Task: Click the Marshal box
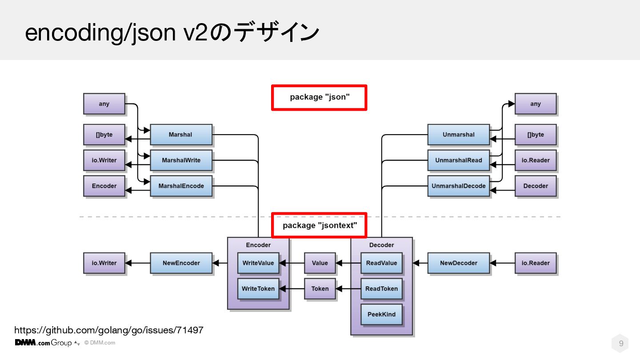pos(180,135)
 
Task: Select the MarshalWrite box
pos(180,160)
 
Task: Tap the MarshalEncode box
pos(180,186)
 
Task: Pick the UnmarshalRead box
pos(458,160)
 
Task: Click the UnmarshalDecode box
pos(458,186)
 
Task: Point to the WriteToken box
pos(258,289)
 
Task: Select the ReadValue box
pos(381,263)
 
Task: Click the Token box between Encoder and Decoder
pos(320,289)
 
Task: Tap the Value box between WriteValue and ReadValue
pos(320,263)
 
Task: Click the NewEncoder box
pos(181,263)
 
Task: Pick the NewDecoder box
pos(458,263)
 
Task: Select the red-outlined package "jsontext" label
pos(320,225)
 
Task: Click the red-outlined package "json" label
pos(320,97)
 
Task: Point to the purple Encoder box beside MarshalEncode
pos(104,186)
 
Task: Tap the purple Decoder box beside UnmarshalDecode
pos(536,186)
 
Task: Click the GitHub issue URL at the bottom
pos(109,330)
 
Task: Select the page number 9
pos(621,344)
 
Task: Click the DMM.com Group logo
pos(44,343)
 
